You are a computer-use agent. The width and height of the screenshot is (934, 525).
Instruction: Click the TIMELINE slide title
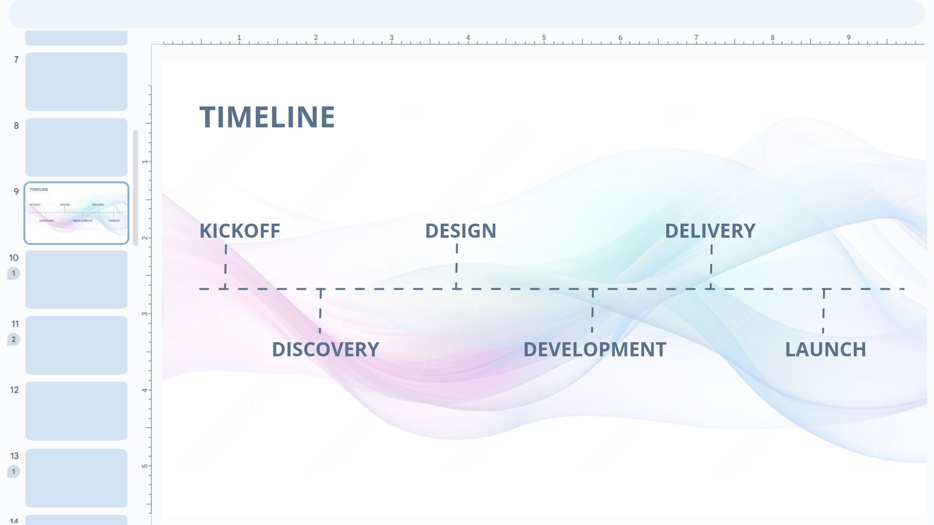click(x=267, y=117)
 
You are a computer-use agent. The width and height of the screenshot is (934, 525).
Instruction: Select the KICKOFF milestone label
click(x=240, y=231)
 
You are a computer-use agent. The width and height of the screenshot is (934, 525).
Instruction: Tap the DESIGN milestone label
click(x=461, y=231)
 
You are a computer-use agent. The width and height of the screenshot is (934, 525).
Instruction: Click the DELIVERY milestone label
click(x=710, y=231)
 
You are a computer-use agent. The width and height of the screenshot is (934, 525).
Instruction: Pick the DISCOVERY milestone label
click(x=325, y=350)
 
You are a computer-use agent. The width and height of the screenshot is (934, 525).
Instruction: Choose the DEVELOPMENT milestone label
click(x=594, y=350)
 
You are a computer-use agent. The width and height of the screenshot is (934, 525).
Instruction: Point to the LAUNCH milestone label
click(x=826, y=350)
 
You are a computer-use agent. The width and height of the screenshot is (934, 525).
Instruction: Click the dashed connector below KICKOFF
click(x=226, y=266)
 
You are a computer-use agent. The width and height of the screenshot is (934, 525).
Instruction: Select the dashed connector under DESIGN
click(x=456, y=266)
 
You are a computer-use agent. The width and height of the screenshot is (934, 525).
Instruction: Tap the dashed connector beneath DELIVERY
click(x=711, y=266)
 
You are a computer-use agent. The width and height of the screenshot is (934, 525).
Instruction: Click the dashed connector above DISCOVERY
click(x=320, y=311)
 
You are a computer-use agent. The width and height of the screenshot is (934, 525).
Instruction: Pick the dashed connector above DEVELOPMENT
click(x=592, y=311)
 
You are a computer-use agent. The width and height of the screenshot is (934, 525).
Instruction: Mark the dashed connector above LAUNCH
click(x=824, y=311)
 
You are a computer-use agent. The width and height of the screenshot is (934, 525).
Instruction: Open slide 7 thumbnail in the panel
click(x=76, y=82)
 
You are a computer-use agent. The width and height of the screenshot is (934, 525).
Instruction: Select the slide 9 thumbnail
click(x=76, y=213)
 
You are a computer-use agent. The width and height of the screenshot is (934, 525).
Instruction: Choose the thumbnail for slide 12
click(x=76, y=411)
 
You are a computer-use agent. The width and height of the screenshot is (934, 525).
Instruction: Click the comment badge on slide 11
click(x=14, y=339)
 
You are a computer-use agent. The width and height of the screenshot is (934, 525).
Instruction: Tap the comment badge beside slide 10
click(x=14, y=273)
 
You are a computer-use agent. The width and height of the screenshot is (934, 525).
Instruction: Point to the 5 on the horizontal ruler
click(x=544, y=37)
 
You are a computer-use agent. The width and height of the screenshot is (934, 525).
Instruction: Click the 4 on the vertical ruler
click(x=144, y=390)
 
